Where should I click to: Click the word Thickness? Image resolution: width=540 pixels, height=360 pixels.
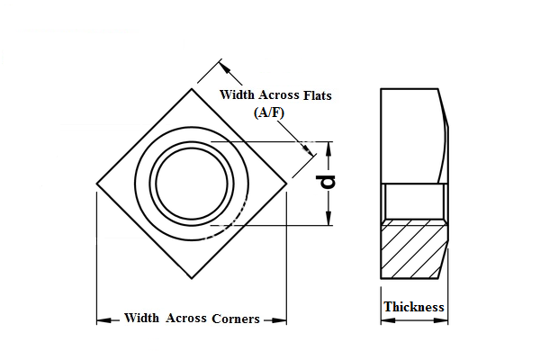coord(414,307)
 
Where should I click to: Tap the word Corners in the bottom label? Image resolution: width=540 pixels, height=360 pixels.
coord(236,319)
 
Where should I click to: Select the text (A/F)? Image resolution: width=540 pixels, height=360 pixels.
coord(270,112)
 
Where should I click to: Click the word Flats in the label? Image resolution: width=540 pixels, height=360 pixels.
coord(314,95)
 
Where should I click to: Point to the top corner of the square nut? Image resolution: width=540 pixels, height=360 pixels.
coord(192,88)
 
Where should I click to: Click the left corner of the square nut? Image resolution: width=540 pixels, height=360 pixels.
coord(97,184)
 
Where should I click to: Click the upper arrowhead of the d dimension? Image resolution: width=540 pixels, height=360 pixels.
coord(328,148)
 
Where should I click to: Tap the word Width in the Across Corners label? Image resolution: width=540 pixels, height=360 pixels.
coord(142,319)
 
